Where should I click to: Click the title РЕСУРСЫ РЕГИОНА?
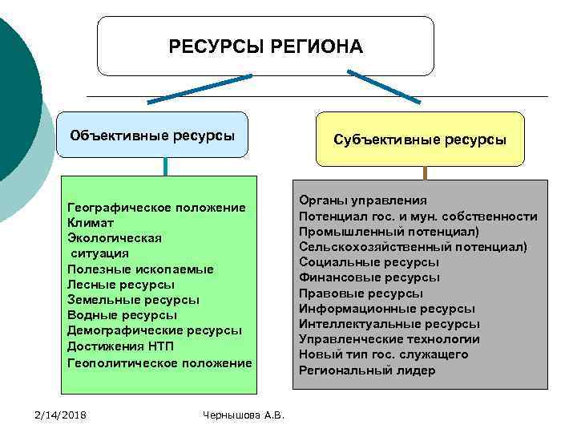(265, 47)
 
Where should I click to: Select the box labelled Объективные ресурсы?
(152, 135)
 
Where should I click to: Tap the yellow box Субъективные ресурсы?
(420, 140)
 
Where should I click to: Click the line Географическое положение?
(157, 208)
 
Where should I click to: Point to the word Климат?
(91, 223)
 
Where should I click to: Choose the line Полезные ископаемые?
(141, 269)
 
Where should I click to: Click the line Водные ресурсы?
(123, 315)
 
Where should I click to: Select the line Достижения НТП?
(120, 346)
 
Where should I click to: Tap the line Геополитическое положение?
(159, 362)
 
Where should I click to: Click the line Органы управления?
(363, 200)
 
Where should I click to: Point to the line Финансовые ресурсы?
(369, 277)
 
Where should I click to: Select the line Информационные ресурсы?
(386, 309)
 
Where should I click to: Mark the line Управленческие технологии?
(383, 339)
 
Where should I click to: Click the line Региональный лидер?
(367, 370)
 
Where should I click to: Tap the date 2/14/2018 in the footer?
(61, 414)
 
